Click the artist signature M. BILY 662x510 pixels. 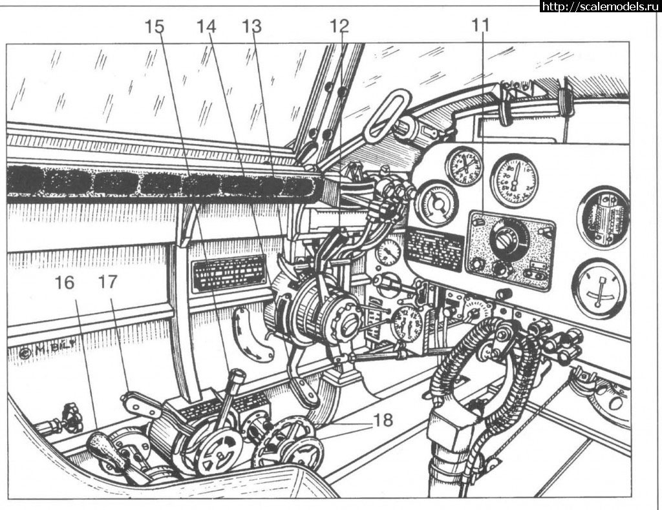tap(43, 353)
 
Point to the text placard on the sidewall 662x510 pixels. tap(229, 273)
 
